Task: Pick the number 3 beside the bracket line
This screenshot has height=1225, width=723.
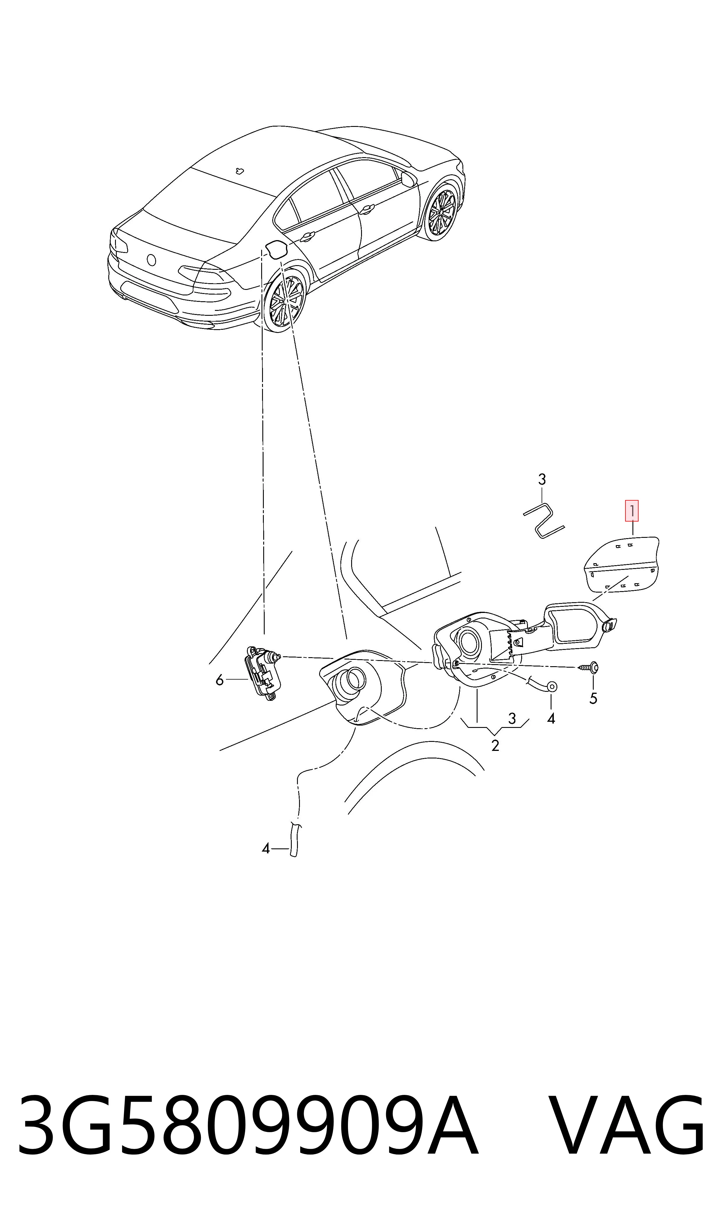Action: coord(512,718)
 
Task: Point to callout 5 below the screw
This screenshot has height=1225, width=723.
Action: coord(593,699)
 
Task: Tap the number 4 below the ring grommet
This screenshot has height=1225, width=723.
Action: coord(551,718)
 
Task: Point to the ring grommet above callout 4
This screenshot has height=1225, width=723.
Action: coord(551,687)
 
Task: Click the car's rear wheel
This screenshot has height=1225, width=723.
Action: coord(285,302)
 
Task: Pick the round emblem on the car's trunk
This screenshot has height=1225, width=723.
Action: coord(151,260)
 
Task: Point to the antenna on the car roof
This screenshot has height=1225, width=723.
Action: coord(239,171)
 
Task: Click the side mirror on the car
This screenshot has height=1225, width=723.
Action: coord(409,179)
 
